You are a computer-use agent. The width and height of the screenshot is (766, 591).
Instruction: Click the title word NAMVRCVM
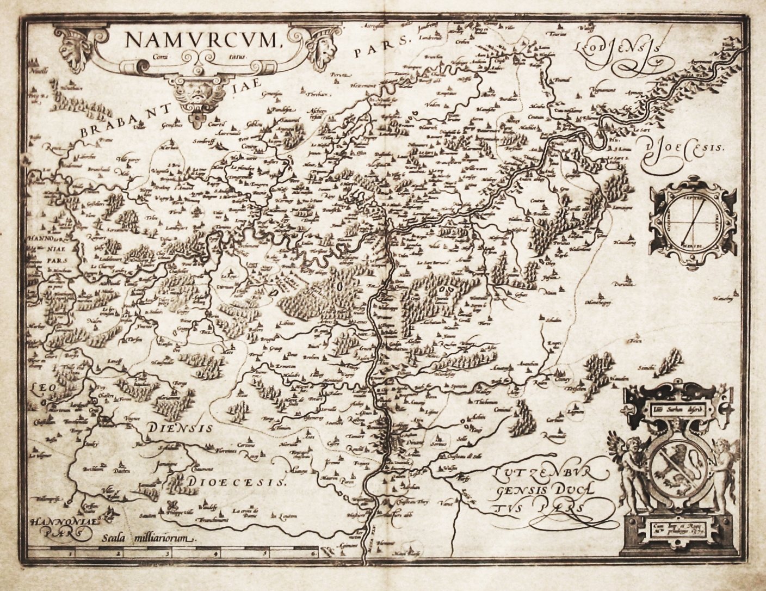click(200, 40)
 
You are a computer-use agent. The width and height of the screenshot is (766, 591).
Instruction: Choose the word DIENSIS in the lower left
click(179, 428)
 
